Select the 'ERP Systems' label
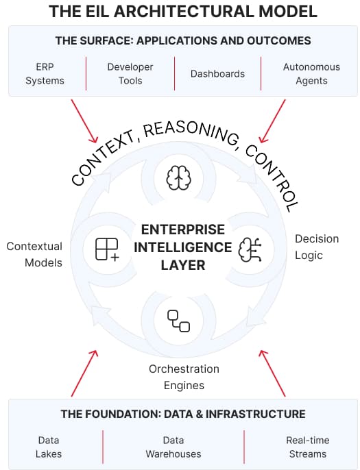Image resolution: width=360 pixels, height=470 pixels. (45, 74)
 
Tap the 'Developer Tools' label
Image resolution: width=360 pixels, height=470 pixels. (130, 74)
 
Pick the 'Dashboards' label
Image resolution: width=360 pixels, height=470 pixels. (217, 74)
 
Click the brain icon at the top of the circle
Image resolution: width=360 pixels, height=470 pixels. (177, 177)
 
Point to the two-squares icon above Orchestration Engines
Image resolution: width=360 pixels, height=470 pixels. (178, 321)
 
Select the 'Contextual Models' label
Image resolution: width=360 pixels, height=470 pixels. (34, 254)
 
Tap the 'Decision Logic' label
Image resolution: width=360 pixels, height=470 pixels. (317, 247)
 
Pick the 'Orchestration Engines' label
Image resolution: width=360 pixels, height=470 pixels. (184, 377)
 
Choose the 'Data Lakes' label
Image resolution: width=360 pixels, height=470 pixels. (49, 447)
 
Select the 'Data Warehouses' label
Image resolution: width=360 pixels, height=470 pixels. (173, 447)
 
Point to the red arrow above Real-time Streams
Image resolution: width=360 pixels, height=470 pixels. (273, 373)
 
